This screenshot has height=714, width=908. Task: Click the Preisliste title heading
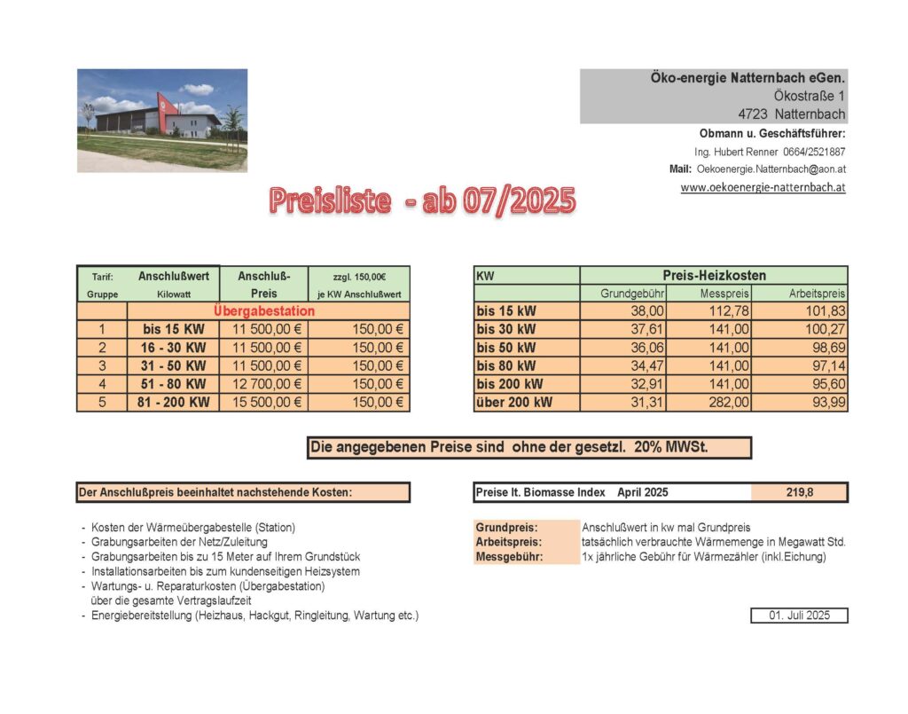(422, 200)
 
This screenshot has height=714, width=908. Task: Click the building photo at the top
(161, 120)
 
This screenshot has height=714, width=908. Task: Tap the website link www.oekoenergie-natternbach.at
(763, 188)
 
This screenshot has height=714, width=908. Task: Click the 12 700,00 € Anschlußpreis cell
(262, 384)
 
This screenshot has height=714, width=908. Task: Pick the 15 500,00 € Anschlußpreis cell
(262, 402)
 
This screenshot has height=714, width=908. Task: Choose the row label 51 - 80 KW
(174, 384)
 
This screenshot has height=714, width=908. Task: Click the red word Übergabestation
(264, 311)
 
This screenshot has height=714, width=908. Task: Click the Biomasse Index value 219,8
(799, 492)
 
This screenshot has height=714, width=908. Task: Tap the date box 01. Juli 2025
(799, 616)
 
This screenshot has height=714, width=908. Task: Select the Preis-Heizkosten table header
(714, 276)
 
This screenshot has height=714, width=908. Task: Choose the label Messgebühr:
(508, 557)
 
